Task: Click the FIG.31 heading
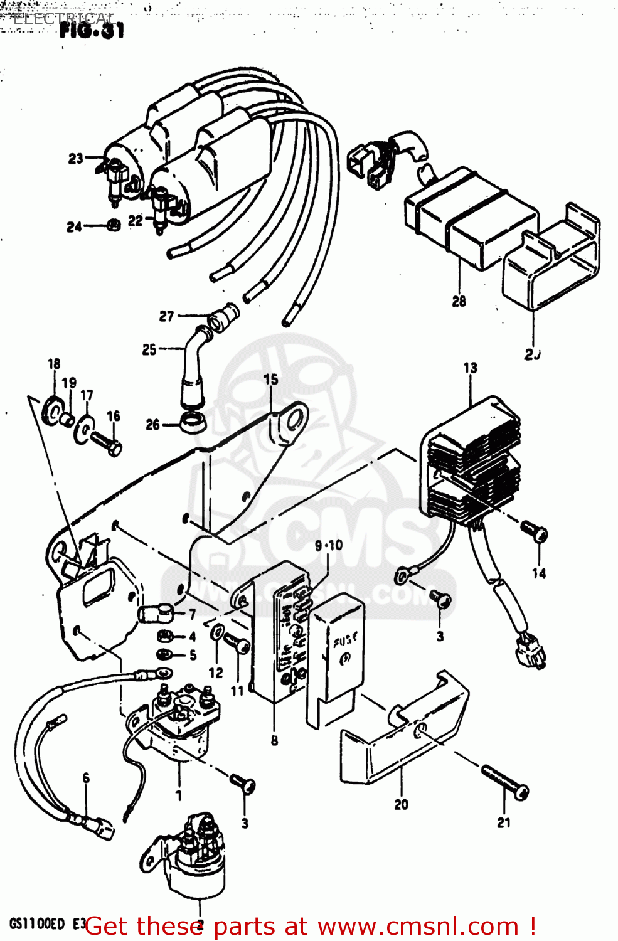pyautogui.click(x=92, y=31)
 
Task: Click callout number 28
pyautogui.click(x=459, y=302)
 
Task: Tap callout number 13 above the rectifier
pyautogui.click(x=471, y=368)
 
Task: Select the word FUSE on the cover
pyautogui.click(x=344, y=641)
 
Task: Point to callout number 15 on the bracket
pyautogui.click(x=270, y=380)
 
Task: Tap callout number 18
pyautogui.click(x=54, y=364)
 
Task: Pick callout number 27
pyautogui.click(x=166, y=316)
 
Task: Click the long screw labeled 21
pyautogui.click(x=504, y=782)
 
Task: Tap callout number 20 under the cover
pyautogui.click(x=401, y=804)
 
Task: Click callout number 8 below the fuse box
pyautogui.click(x=274, y=741)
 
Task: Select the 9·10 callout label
pyautogui.click(x=329, y=545)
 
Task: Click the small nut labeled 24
pyautogui.click(x=113, y=225)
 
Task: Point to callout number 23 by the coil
pyautogui.click(x=76, y=159)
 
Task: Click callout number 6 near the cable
pyautogui.click(x=86, y=778)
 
